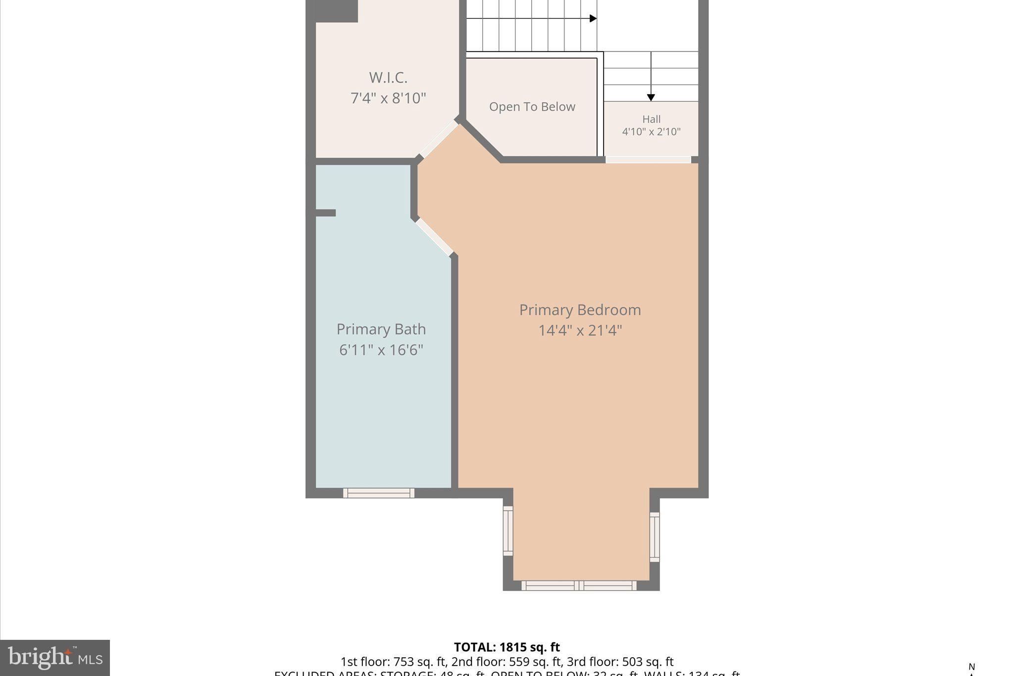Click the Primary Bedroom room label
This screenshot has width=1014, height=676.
(580, 310)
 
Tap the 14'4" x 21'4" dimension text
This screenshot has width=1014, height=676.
(580, 330)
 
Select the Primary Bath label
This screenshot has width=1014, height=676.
(381, 329)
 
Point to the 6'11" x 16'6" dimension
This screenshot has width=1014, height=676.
(381, 350)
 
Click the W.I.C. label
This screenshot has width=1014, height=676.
(388, 78)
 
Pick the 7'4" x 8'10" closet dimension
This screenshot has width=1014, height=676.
(388, 98)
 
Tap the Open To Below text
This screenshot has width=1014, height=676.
(532, 107)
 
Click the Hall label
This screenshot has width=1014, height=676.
(651, 119)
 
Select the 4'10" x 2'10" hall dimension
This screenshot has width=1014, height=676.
(651, 132)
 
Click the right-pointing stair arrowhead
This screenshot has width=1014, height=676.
(593, 19)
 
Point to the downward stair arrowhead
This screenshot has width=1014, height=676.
(651, 98)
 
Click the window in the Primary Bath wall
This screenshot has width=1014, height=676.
(379, 493)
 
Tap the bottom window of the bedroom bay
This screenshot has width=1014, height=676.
(579, 585)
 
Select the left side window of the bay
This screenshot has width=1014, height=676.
(508, 530)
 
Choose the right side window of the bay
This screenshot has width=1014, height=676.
(654, 537)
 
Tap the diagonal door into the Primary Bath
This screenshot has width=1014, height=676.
(435, 237)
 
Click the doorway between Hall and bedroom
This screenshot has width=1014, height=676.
(648, 159)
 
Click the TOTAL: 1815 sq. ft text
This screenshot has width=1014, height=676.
(507, 647)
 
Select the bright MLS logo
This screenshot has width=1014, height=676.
(55, 658)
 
